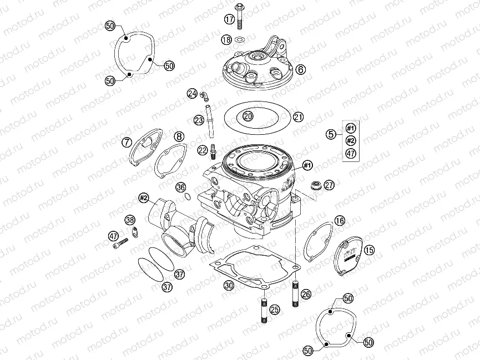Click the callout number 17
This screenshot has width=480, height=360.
pos(229,19)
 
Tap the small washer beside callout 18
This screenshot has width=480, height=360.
pos(240,39)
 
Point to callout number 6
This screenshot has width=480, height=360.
pos(300,69)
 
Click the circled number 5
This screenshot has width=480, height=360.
pos(330,134)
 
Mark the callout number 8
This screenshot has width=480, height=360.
pos(178,136)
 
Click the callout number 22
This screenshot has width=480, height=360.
pos(203,150)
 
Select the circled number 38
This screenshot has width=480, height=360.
pos(130,220)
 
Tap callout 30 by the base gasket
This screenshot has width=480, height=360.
pos(229,286)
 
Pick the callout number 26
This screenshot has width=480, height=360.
pos(305,295)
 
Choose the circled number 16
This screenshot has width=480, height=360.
pos(340,221)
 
